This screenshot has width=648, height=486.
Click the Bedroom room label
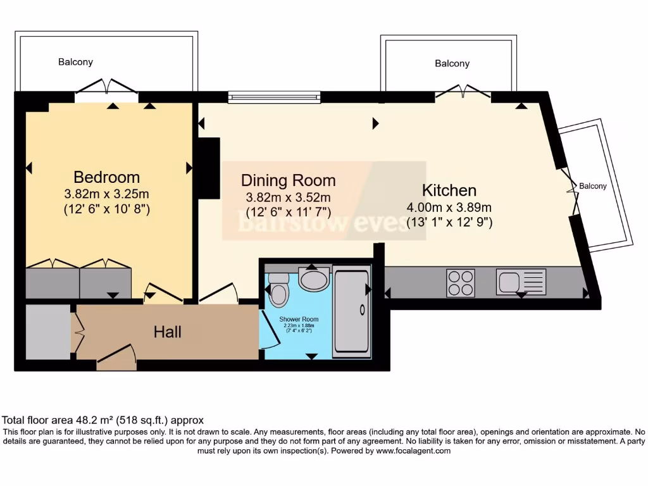click(106, 177)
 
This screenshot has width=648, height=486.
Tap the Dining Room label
click(288, 180)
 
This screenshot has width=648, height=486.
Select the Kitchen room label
click(449, 190)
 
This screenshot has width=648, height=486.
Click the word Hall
click(168, 332)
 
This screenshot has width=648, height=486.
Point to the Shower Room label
click(299, 319)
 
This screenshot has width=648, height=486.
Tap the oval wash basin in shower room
click(314, 279)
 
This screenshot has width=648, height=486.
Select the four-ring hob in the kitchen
click(461, 282)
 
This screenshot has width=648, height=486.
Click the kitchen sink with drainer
click(521, 282)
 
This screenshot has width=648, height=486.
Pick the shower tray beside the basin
click(351, 310)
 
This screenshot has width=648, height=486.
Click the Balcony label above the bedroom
click(75, 62)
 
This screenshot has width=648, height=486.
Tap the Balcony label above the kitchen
click(452, 63)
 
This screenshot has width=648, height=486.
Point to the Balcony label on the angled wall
click(593, 186)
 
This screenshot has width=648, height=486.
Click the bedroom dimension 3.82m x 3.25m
click(106, 194)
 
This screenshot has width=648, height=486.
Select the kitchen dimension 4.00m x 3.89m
click(449, 207)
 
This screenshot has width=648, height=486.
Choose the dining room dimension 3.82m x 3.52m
click(288, 197)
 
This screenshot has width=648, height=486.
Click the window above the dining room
click(274, 97)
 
